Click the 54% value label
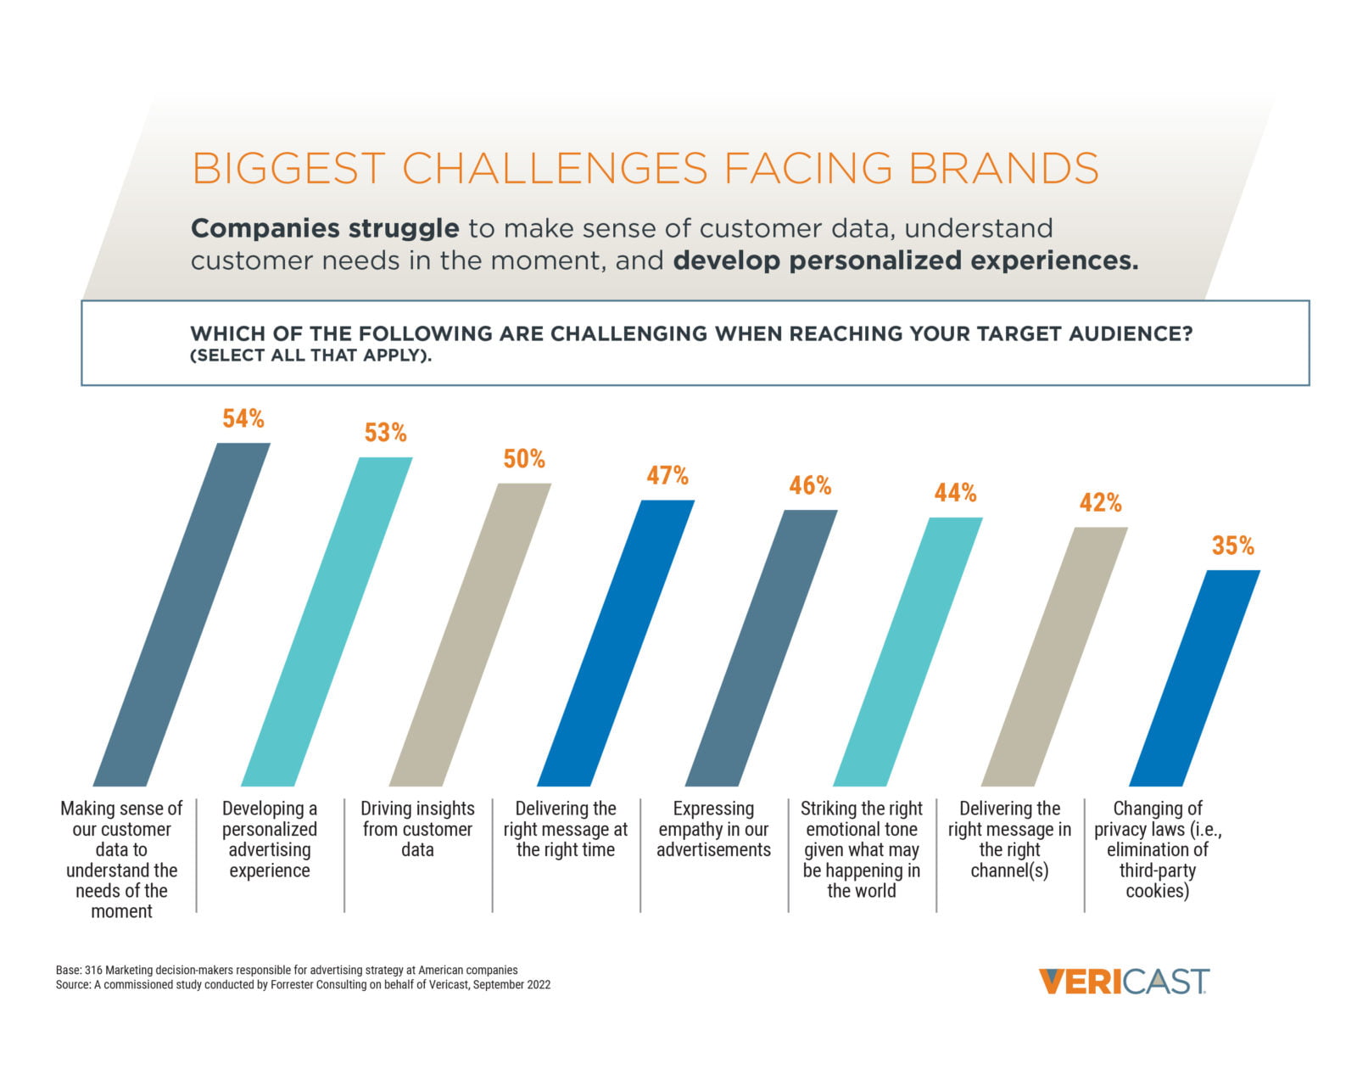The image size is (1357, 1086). click(x=243, y=419)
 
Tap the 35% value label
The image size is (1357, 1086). click(x=1232, y=546)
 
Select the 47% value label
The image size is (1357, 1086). click(x=667, y=476)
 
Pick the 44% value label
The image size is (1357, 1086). click(x=955, y=493)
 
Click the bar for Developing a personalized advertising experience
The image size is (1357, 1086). click(x=327, y=622)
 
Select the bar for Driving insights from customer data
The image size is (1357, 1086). click(x=470, y=635)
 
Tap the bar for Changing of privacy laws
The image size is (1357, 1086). click(x=1195, y=678)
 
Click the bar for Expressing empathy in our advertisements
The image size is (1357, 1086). click(x=761, y=648)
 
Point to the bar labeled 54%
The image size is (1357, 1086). click(x=181, y=614)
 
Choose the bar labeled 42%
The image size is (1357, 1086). click(x=1054, y=657)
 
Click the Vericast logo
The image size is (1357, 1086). click(x=1124, y=982)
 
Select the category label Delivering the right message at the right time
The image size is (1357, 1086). click(x=566, y=829)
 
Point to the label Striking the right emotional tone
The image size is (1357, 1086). click(x=861, y=849)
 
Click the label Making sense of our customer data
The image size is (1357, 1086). click(x=121, y=859)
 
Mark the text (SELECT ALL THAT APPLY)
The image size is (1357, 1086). click(x=311, y=355)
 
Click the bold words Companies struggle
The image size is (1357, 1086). click(x=325, y=228)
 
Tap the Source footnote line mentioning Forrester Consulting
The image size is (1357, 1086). click(x=303, y=985)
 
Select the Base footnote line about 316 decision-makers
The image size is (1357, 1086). click(x=287, y=970)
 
